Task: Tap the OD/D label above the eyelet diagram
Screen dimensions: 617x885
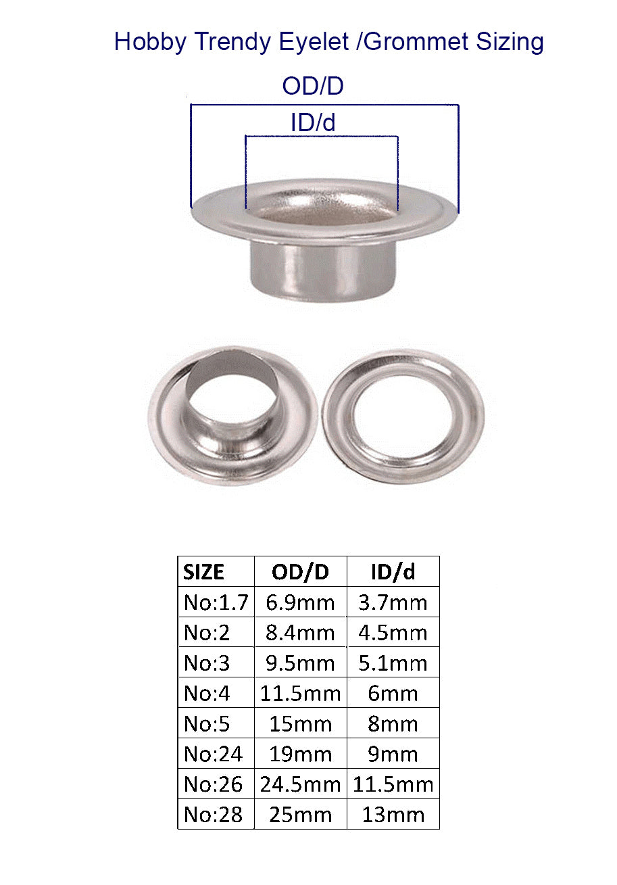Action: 313,86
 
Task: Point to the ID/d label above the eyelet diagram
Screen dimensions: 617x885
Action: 313,122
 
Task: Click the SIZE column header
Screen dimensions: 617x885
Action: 204,572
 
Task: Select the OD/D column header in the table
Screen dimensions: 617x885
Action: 300,572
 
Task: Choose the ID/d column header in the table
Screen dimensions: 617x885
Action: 393,572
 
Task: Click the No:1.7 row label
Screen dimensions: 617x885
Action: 216,602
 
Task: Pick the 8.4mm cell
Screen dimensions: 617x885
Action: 300,633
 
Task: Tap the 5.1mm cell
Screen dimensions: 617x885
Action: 393,663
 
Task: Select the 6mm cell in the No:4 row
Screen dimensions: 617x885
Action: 393,694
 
